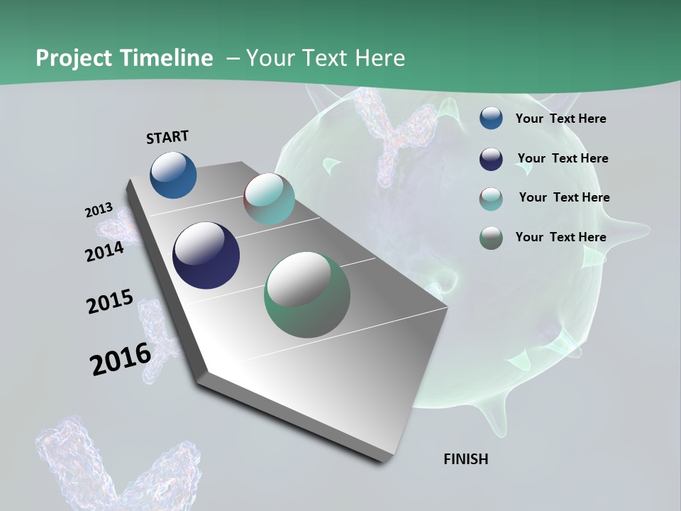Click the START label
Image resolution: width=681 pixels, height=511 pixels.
tap(167, 137)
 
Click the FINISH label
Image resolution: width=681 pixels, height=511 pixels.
tap(465, 459)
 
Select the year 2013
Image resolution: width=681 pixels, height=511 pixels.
tap(99, 210)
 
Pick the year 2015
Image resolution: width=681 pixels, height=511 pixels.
tap(109, 302)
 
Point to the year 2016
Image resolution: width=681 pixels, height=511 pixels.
tap(120, 359)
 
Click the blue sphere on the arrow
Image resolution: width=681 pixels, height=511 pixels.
tap(173, 175)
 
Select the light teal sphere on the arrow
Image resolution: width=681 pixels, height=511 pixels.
tap(269, 199)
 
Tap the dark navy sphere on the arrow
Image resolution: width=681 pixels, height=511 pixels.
tap(206, 255)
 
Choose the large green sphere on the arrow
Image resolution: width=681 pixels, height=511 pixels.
tap(307, 295)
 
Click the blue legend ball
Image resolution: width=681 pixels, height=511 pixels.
tap(491, 119)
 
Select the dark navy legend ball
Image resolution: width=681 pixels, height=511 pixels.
tap(491, 159)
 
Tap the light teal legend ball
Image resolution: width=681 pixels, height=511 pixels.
tap(491, 199)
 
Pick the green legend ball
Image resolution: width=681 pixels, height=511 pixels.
tap(491, 238)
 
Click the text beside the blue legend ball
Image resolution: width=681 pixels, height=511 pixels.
tap(560, 119)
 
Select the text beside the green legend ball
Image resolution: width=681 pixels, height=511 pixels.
tap(560, 237)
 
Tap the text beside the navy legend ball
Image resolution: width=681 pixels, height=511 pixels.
tap(563, 158)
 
